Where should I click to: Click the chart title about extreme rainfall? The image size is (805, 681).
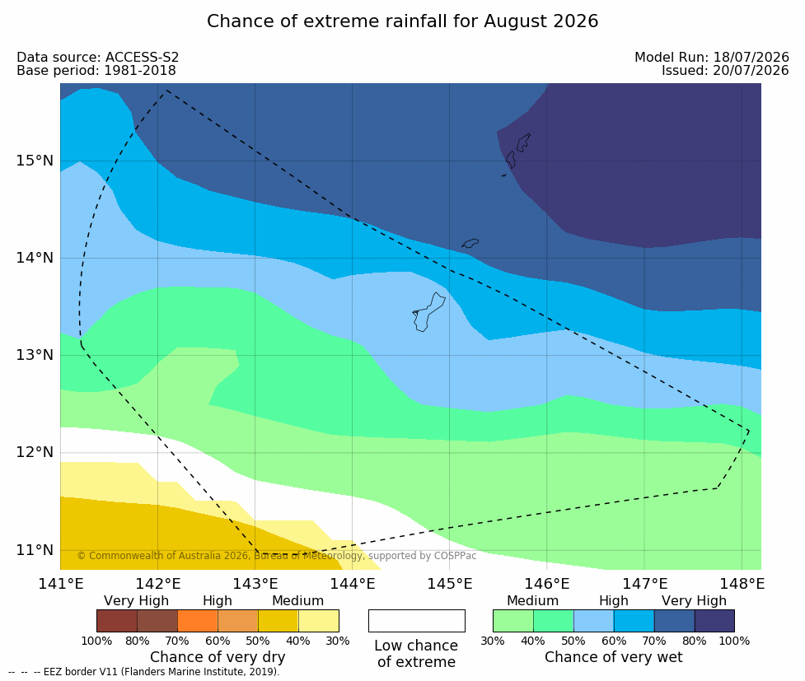click(x=402, y=21)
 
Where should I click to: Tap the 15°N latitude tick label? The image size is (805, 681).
click(x=35, y=161)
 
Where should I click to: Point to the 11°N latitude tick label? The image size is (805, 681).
click(x=35, y=550)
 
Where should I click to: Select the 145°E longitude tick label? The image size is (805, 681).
click(x=450, y=584)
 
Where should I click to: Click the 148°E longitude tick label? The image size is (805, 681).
click(x=742, y=584)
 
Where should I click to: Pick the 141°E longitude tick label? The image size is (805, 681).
click(x=61, y=584)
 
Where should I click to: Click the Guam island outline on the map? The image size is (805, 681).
click(x=428, y=312)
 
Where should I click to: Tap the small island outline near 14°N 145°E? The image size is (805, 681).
click(x=470, y=243)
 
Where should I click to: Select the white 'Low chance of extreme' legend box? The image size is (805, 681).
click(x=416, y=621)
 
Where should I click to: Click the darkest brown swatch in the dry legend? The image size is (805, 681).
click(x=117, y=621)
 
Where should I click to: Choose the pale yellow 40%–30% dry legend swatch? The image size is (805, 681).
click(x=318, y=621)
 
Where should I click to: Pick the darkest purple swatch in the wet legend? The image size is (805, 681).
click(x=714, y=621)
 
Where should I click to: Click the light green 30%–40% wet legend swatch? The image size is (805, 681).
click(x=512, y=621)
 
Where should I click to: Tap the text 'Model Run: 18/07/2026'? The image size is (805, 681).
click(x=712, y=57)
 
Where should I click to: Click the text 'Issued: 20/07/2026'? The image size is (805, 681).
click(x=725, y=70)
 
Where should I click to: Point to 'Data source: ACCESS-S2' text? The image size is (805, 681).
click(x=97, y=57)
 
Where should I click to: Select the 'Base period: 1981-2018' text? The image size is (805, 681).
click(x=96, y=70)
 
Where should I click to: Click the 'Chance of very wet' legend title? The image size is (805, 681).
click(x=614, y=657)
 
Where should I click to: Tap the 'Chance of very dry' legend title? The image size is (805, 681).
click(x=218, y=657)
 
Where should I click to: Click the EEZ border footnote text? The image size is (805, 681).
click(x=144, y=672)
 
